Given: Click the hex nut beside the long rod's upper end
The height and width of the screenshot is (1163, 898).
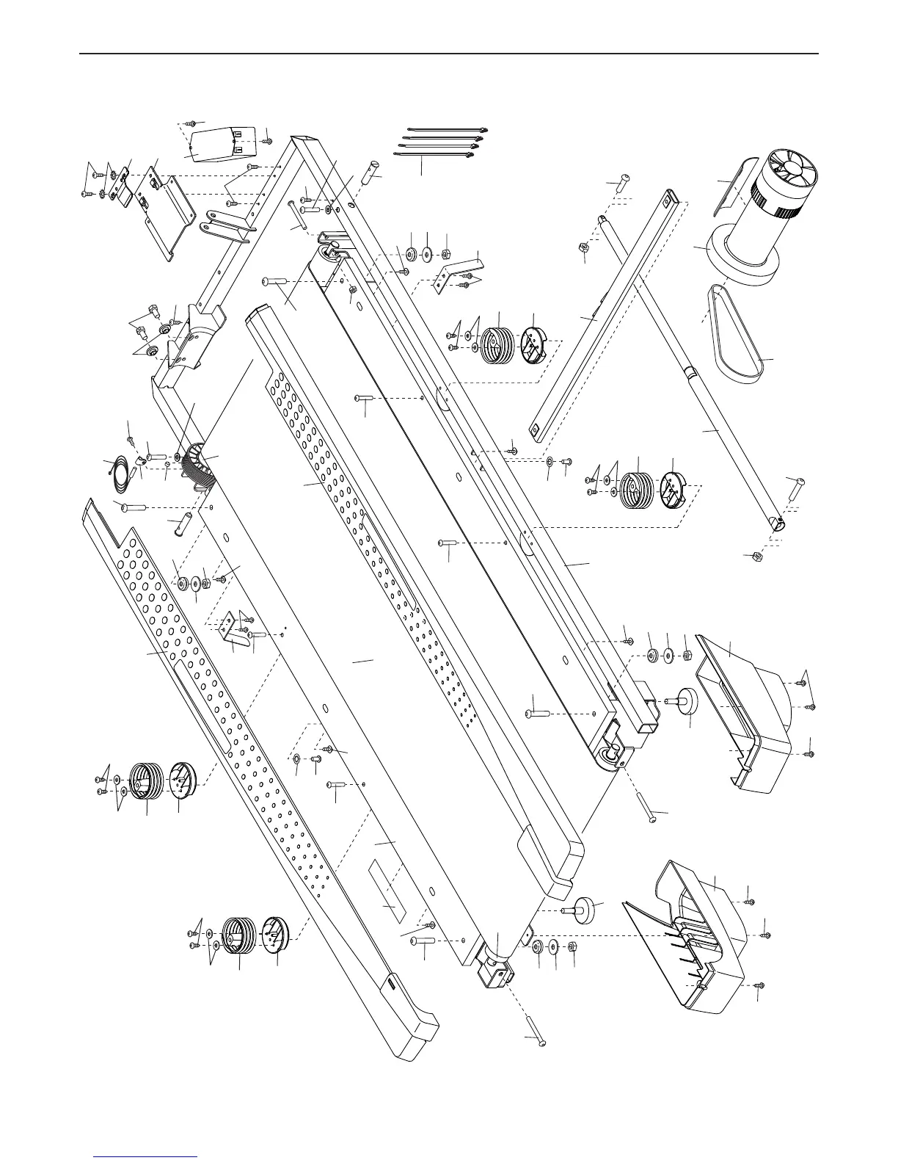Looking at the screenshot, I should (584, 250).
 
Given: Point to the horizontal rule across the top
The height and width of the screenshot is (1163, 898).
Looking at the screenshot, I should (449, 54).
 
